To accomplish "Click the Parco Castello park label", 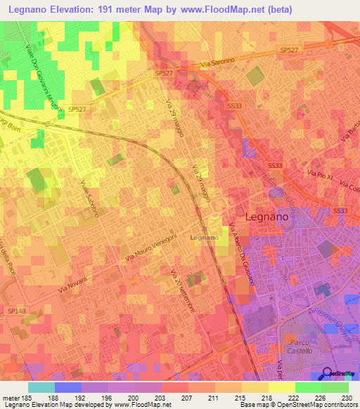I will (301, 345).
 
